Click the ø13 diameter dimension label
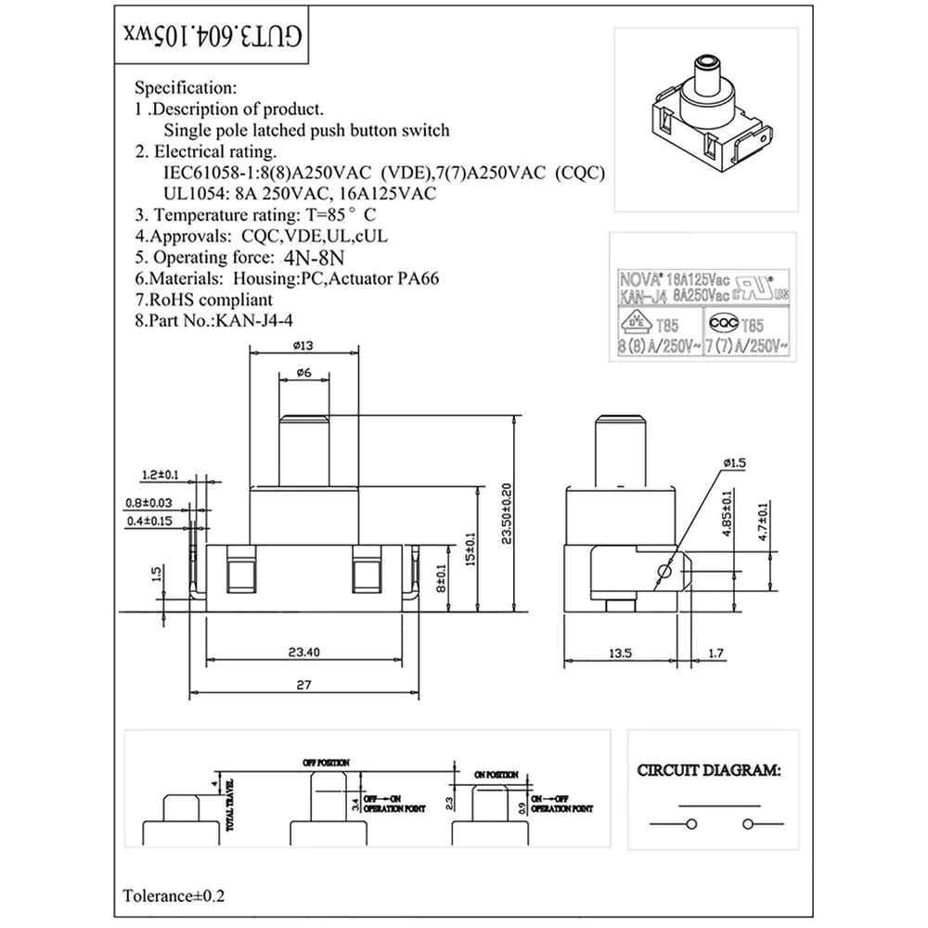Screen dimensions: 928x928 tap(304, 347)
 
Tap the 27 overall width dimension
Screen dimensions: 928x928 tap(303, 685)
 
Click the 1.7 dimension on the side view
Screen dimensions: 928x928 tap(715, 653)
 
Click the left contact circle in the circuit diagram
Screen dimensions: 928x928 tap(690, 823)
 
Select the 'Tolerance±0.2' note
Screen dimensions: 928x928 tap(174, 896)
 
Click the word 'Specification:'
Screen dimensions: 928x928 tap(186, 89)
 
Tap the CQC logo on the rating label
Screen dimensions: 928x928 tap(721, 322)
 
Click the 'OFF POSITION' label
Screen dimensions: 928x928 tap(327, 761)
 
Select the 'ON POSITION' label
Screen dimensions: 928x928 tap(496, 774)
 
